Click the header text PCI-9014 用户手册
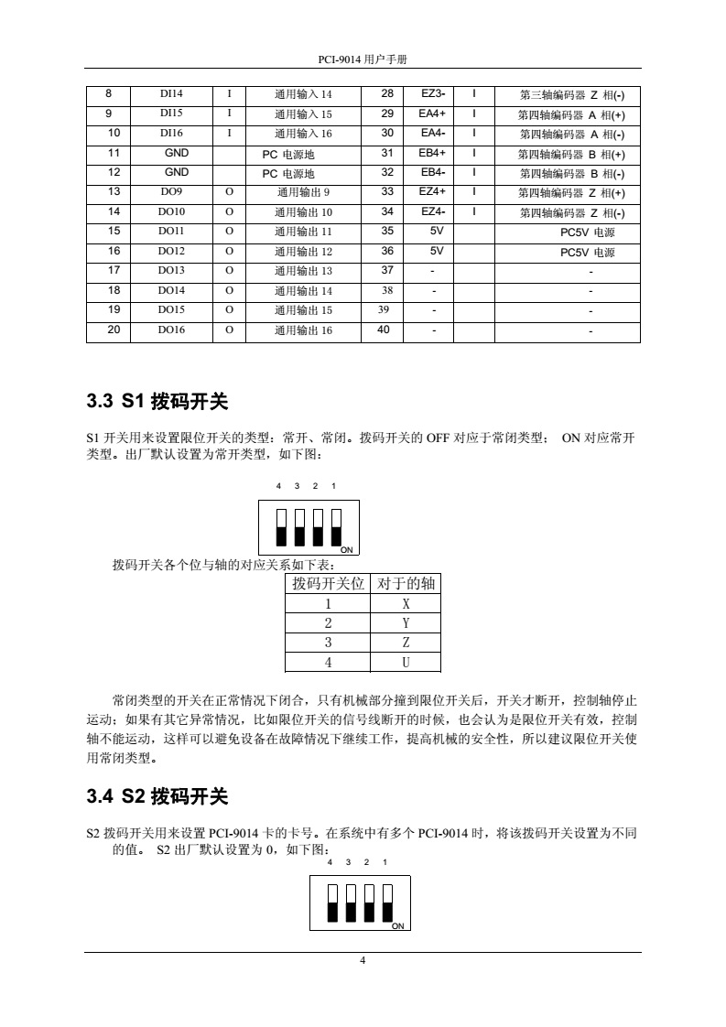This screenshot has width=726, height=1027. (362, 58)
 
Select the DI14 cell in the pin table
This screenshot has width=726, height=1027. (170, 94)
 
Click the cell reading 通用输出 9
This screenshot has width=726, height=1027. (303, 192)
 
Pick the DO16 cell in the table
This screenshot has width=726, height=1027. (170, 330)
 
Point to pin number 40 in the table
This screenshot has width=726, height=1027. (386, 330)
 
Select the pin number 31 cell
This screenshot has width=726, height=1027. (386, 153)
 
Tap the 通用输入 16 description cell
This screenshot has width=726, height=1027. (303, 134)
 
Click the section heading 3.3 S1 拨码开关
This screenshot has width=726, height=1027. (157, 401)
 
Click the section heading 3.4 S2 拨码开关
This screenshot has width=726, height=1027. (157, 796)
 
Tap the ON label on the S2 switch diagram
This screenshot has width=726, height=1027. (397, 926)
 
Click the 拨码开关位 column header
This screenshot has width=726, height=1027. (328, 583)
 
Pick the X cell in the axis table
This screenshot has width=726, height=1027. (405, 604)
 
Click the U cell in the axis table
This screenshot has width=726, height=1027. (405, 662)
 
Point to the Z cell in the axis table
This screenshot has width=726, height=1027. (405, 643)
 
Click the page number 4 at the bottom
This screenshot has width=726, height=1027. (363, 960)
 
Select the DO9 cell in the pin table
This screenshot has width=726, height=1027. (170, 192)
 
